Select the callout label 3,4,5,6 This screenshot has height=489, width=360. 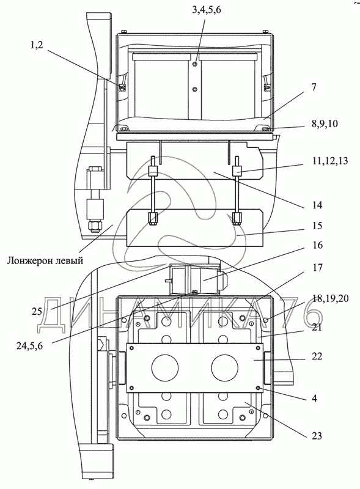coord(207,10)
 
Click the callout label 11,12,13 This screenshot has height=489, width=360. coord(329,161)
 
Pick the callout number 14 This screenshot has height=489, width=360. coord(317,205)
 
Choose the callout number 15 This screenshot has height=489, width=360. coord(317,225)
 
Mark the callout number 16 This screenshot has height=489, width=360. coord(317,245)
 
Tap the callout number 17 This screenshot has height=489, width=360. coord(317,267)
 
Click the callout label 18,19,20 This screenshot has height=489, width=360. coord(330,298)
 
